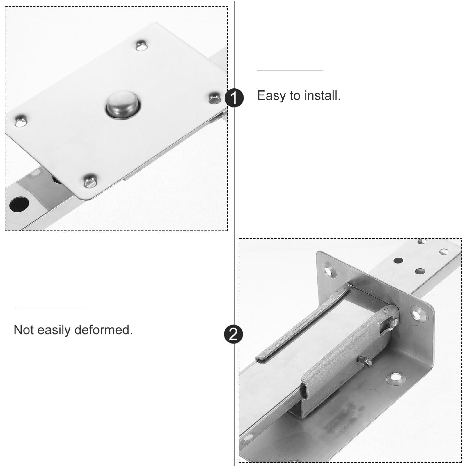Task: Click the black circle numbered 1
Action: tap(234, 98)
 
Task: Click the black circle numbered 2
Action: tap(233, 334)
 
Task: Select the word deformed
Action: tap(103, 330)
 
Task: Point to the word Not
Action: tap(24, 330)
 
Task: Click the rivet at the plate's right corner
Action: tap(215, 98)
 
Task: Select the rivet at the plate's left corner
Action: tap(21, 121)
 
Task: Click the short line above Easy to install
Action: tap(290, 70)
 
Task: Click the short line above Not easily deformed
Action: tap(49, 308)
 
